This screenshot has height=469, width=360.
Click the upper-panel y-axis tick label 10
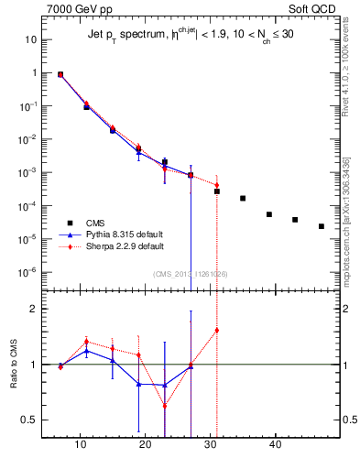point(31,40)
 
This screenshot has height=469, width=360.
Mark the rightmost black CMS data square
point(322,226)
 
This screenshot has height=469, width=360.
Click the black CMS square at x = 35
point(243,198)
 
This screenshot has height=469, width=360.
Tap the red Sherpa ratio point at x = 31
point(217,331)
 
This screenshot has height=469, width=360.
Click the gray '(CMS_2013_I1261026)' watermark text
point(191,273)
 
